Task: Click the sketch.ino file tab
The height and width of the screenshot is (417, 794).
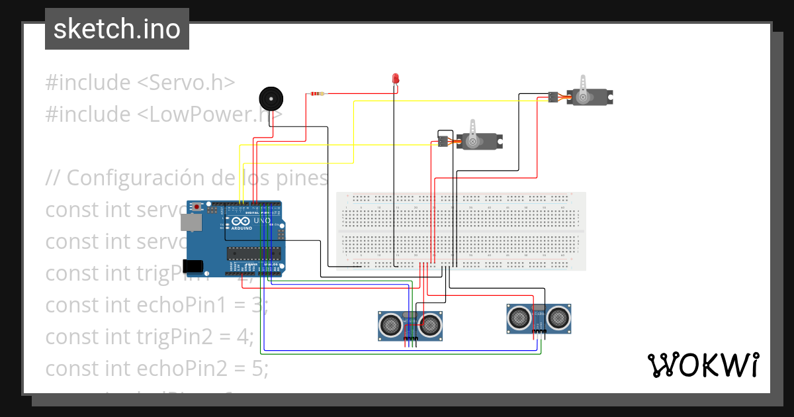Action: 117,29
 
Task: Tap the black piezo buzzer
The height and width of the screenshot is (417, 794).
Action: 270,99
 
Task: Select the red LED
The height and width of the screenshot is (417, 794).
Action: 396,79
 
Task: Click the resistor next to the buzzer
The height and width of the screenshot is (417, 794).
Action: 317,94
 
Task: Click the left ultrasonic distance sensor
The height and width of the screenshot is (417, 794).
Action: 410,324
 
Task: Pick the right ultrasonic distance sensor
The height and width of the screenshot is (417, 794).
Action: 539,318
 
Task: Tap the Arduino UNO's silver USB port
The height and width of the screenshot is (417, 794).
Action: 193,223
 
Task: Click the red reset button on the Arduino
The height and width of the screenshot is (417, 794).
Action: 198,207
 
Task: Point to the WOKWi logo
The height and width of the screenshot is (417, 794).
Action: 703,365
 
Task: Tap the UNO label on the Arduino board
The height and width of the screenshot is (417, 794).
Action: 262,220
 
